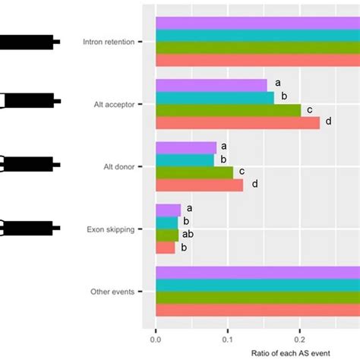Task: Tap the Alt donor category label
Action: coord(116,166)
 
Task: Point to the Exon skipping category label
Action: coord(112,228)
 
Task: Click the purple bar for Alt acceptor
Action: coord(212,85)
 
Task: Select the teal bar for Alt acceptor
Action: coord(215,97)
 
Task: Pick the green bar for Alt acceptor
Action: coord(228,109)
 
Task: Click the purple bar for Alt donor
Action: coord(186,147)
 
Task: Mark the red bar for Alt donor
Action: coord(199,185)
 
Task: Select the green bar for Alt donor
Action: coord(194,172)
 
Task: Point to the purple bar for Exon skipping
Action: coord(168,210)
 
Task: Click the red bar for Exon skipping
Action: coord(165,247)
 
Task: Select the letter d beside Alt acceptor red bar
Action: coord(328,122)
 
